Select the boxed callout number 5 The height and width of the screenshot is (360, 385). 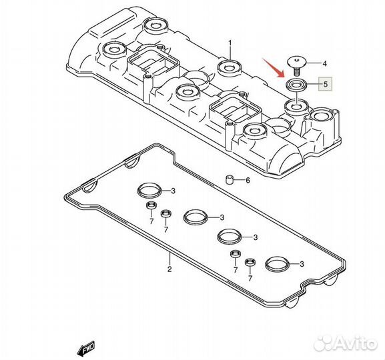326,85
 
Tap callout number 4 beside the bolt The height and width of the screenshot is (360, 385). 325,64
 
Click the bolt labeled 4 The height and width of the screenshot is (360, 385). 294,64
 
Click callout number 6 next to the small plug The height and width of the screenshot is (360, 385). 248,181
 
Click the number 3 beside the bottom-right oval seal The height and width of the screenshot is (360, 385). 302,265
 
